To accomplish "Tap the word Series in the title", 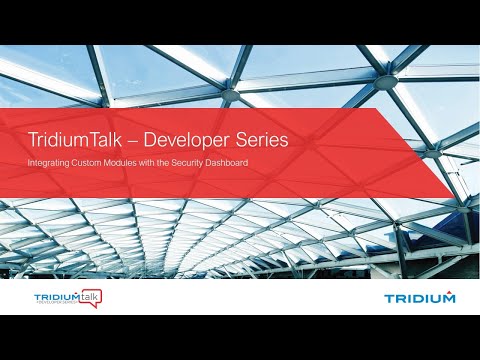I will pyautogui.click(x=263, y=140).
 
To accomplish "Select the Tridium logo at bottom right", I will pyautogui.click(x=419, y=297).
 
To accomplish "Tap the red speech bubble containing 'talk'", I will pyautogui.click(x=91, y=296).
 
